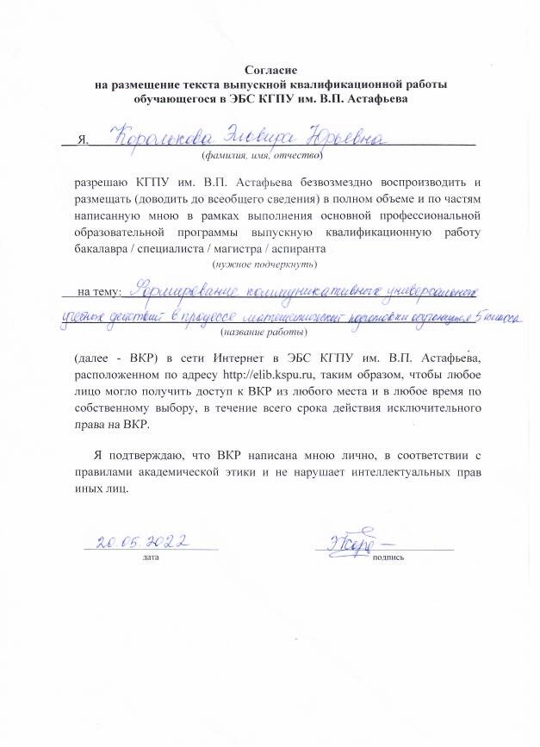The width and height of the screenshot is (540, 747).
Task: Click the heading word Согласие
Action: click(270, 70)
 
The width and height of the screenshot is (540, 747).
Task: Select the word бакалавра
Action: click(106, 248)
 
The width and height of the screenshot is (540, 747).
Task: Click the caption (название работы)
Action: click(264, 331)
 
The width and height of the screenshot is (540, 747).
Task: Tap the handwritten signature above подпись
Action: click(352, 542)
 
